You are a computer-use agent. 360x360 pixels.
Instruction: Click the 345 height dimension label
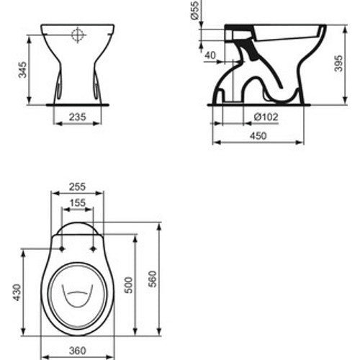click(x=22, y=70)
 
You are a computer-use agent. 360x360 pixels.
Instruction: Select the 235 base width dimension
click(x=77, y=117)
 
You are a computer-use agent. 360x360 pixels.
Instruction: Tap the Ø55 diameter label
click(x=195, y=10)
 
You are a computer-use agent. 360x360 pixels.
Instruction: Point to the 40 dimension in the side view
click(x=210, y=55)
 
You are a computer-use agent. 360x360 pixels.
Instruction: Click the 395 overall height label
click(x=338, y=63)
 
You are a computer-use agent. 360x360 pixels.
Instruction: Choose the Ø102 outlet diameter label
click(x=266, y=117)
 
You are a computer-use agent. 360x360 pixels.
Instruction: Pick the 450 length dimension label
click(x=258, y=136)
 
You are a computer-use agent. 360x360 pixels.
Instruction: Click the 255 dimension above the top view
click(x=77, y=186)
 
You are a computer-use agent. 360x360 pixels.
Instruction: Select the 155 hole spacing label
click(x=78, y=203)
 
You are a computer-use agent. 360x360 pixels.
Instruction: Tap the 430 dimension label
click(x=17, y=292)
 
